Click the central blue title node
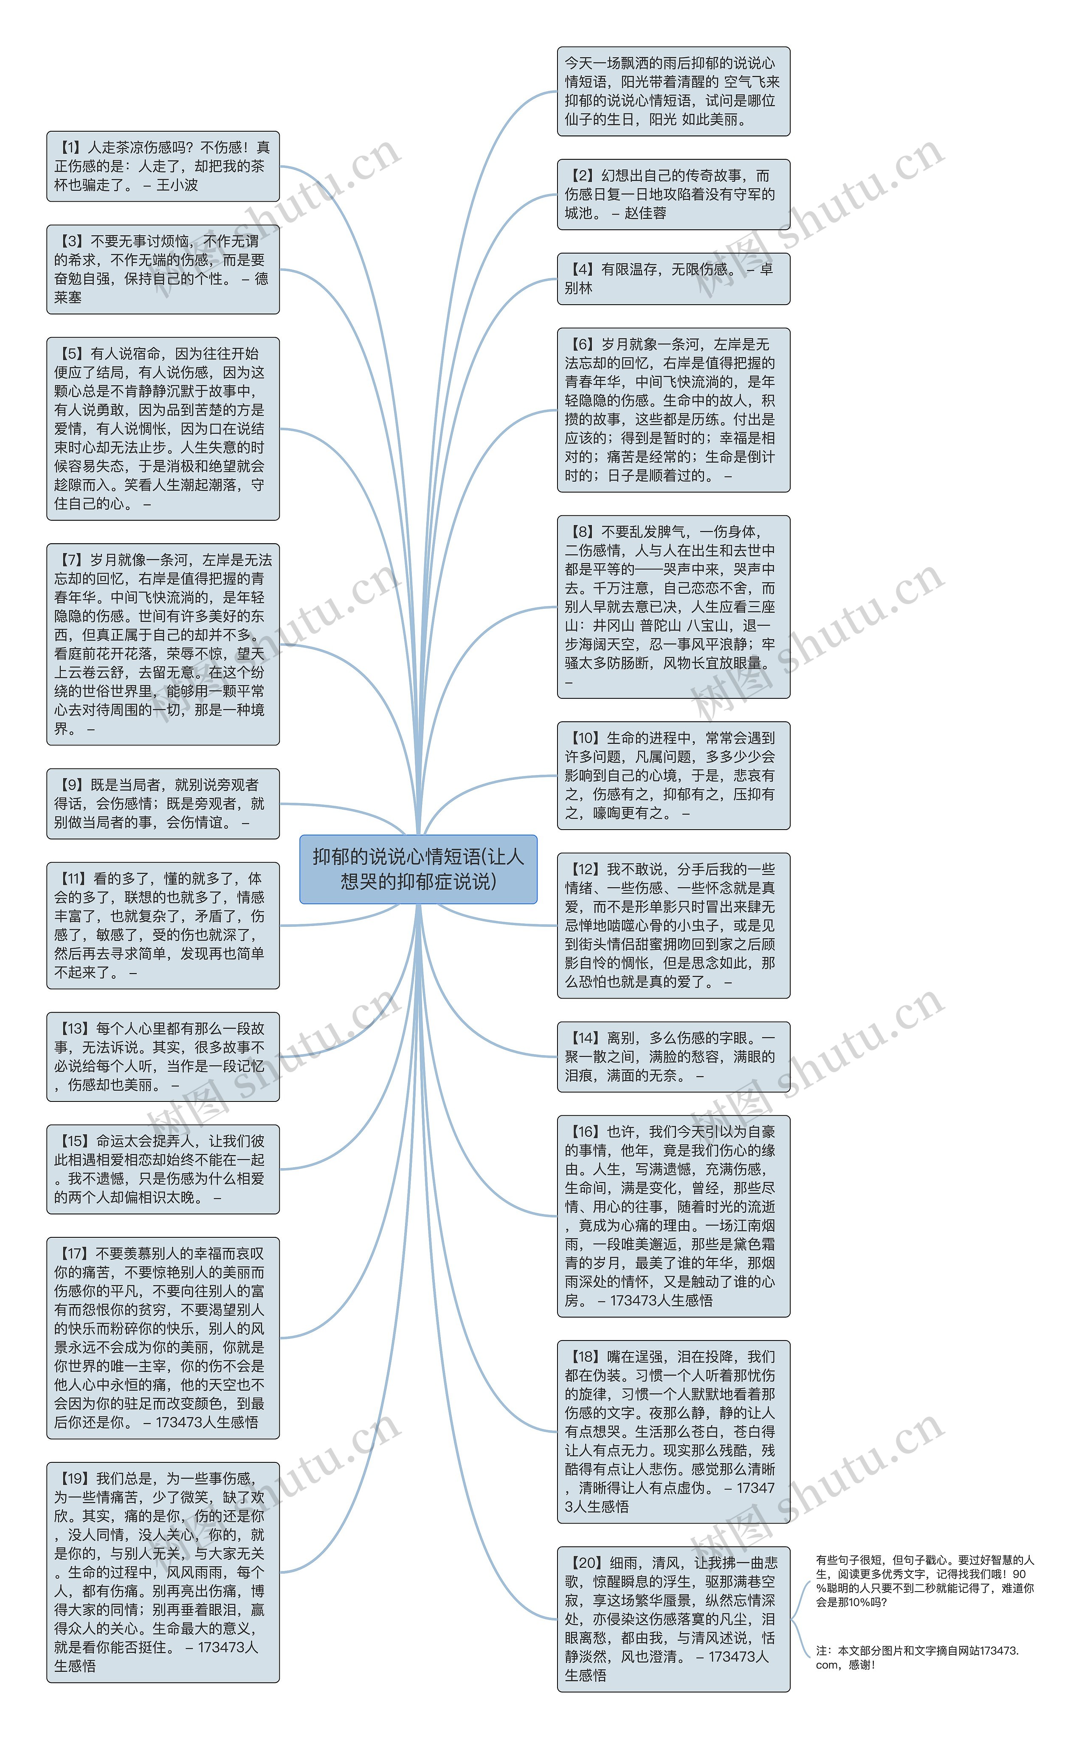[x=418, y=869]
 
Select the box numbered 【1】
[x=163, y=166]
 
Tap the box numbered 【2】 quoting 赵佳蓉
[x=673, y=194]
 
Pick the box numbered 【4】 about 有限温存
[x=673, y=278]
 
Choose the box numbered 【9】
[x=163, y=803]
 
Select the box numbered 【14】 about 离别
[x=673, y=1056]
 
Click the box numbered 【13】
[x=163, y=1056]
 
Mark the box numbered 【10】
[x=673, y=775]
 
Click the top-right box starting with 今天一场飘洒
[x=673, y=91]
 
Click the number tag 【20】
[x=585, y=1562]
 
